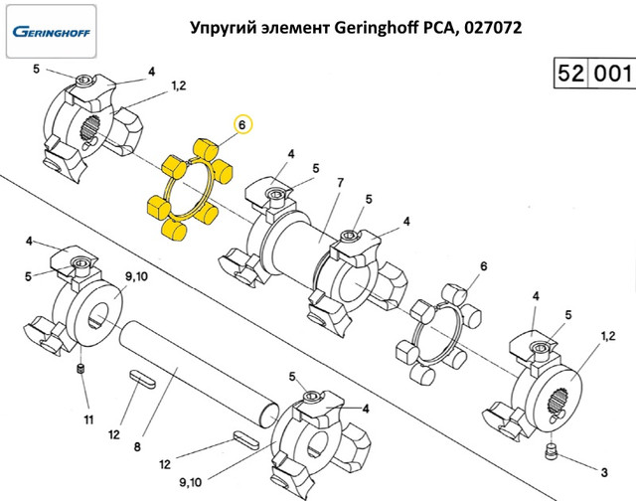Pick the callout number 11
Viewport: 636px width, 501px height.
(x=87, y=418)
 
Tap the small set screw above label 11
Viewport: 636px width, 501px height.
(x=82, y=372)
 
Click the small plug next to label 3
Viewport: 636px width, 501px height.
(x=551, y=454)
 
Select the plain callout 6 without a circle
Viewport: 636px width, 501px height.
(x=484, y=266)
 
